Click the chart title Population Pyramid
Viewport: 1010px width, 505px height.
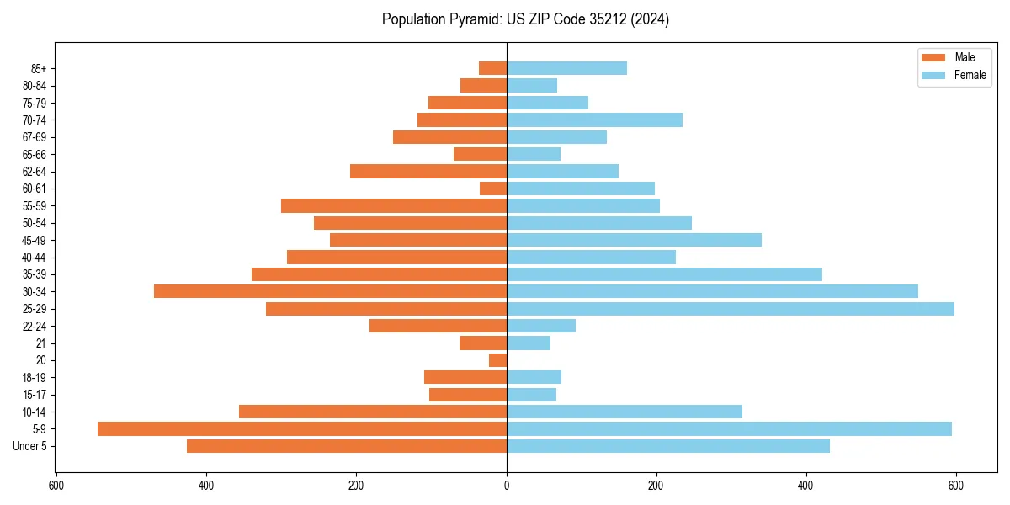[x=525, y=19]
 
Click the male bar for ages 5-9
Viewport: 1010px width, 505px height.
[x=302, y=428]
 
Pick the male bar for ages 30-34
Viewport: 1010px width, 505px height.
[x=330, y=291]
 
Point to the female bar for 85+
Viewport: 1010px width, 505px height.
[x=566, y=68]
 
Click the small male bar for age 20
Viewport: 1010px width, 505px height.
[x=497, y=360]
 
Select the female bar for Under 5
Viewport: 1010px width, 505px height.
[x=667, y=446]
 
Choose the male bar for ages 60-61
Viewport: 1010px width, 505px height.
[x=493, y=189]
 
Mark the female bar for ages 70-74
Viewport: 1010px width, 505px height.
[x=594, y=120]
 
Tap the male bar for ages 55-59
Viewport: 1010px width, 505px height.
[x=394, y=205]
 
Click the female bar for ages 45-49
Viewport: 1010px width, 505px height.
[x=634, y=240]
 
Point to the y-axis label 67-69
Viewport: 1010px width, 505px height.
[x=35, y=137]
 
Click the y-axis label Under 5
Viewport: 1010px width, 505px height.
[x=30, y=446]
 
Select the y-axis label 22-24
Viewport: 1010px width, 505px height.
[x=35, y=326]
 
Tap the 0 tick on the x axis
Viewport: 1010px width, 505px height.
[x=507, y=486]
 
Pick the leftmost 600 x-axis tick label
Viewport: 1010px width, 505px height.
[x=56, y=486]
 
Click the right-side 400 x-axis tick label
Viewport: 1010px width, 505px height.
[x=806, y=486]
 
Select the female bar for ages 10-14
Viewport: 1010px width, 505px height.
[x=624, y=412]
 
